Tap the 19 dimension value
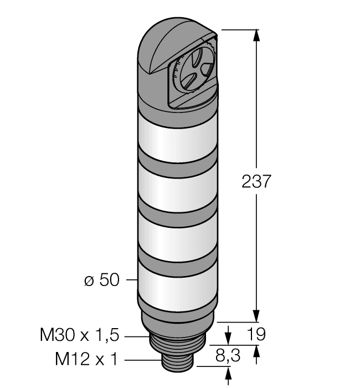(256, 334)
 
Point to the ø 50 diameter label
(101, 280)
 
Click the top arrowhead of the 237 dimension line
(256, 34)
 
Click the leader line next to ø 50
(131, 280)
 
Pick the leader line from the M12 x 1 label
(141, 360)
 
